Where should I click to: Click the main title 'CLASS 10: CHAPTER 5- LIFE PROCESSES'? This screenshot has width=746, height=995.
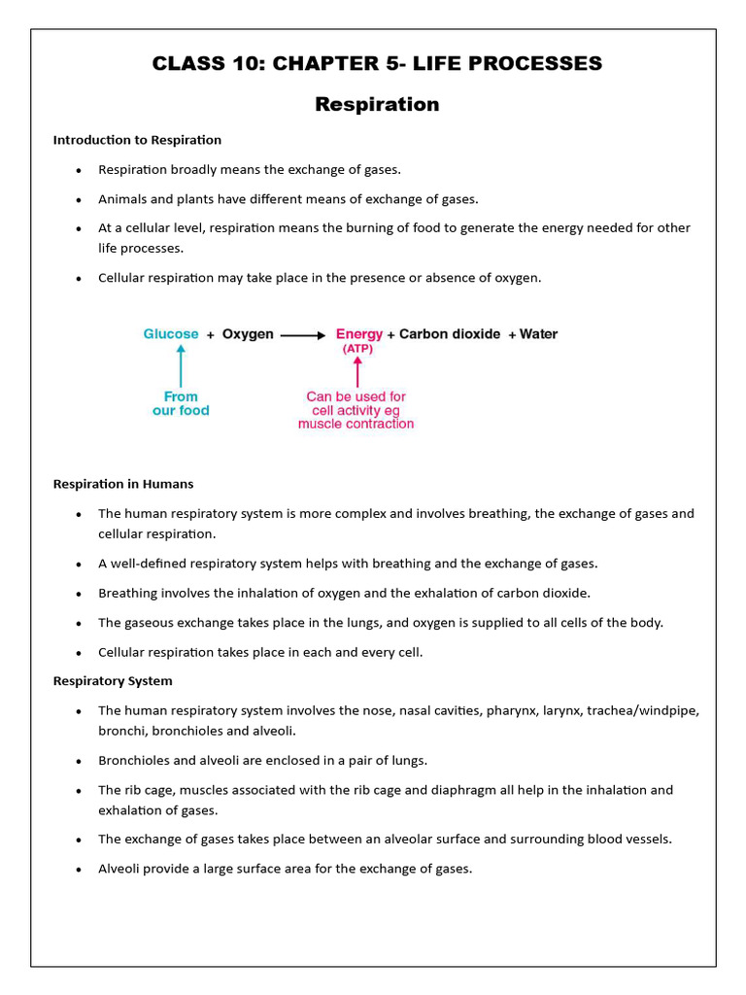point(377,64)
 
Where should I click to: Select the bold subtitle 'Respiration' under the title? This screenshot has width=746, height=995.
point(377,104)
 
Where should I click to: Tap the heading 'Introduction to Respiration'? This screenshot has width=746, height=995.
point(137,140)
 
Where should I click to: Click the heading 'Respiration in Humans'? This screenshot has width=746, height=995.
point(123,484)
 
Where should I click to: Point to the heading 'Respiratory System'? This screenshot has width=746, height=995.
point(113,681)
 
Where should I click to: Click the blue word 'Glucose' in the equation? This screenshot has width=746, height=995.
point(171,334)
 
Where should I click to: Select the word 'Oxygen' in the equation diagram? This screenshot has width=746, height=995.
point(248,334)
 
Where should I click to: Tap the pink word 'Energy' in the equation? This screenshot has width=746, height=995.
point(358,334)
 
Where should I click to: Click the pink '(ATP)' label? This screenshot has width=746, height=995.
point(356,349)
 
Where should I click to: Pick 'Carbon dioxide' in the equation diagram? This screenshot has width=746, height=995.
point(450,334)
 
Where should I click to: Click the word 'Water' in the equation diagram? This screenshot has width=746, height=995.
point(538,334)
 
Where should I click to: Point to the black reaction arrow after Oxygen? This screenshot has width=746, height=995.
point(303,335)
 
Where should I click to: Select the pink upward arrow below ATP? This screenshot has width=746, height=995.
point(357,371)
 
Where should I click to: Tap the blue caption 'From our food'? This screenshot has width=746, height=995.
point(181,403)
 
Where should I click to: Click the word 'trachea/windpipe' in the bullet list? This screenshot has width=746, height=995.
point(644,710)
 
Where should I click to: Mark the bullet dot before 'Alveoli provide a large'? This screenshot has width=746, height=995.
point(79,870)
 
